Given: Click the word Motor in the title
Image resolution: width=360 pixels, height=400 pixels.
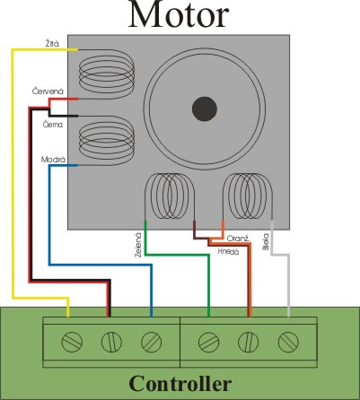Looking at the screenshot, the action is tap(179, 15).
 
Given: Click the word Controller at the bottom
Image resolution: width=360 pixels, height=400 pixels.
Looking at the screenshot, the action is tap(180, 383).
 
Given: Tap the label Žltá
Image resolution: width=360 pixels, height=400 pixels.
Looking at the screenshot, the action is tap(52, 44).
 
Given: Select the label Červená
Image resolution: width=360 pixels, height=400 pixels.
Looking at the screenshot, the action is tap(48, 91).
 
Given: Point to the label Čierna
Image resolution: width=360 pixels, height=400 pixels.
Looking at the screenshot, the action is tap(53, 124).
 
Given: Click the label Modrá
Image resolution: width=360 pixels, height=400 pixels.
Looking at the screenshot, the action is tap(53, 160).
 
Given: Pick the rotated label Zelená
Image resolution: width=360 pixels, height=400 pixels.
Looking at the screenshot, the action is tap(138, 245).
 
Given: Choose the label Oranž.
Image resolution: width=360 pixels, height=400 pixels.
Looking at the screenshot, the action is tap(238, 239).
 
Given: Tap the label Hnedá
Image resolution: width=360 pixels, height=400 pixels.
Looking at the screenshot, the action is tap(228, 251).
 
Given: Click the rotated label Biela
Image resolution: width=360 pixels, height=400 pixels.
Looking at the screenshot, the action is tap(266, 241).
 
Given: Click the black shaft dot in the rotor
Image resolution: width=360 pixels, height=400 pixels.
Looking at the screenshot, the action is tap(205, 109).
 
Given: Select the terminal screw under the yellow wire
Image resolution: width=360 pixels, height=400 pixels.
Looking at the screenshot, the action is tap(72, 342).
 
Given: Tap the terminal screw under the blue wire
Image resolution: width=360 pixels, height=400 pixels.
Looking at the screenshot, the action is tap(152, 342).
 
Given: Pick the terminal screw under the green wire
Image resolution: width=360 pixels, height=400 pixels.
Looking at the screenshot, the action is tap(208, 342).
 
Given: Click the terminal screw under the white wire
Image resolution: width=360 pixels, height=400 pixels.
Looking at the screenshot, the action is tap(288, 342).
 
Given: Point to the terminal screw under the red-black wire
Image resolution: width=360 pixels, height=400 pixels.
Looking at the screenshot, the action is tap(111, 342).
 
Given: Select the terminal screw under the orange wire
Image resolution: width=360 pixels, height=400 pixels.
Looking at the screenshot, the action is tap(249, 342).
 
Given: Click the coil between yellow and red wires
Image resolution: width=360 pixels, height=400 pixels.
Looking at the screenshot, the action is tap(107, 74).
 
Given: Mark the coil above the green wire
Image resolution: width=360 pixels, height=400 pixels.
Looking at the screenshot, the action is tap(170, 196).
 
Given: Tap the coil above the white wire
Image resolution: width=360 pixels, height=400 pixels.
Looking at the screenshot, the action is tap(248, 196).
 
